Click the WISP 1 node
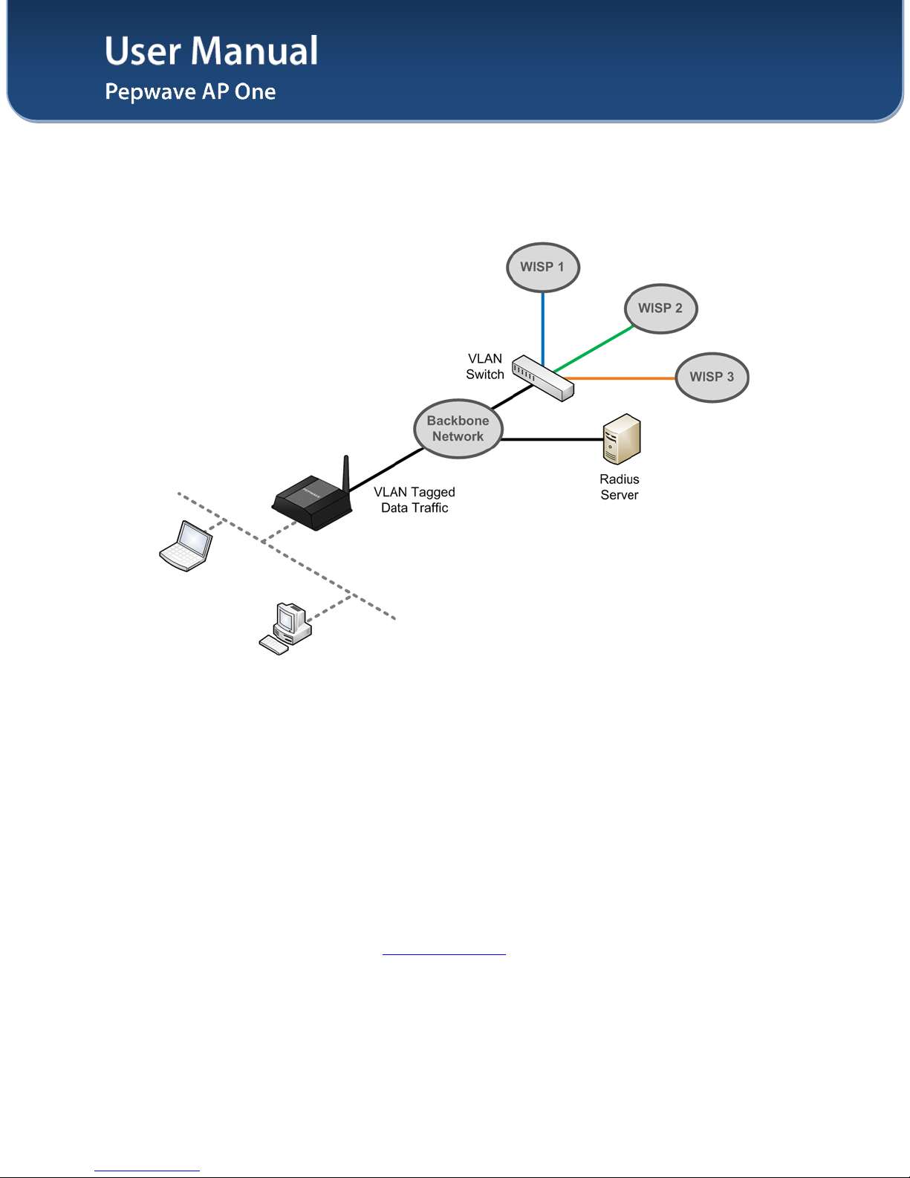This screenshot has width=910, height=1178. point(542,268)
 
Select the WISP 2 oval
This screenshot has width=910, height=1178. point(660,308)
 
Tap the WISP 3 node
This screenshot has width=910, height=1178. point(712,378)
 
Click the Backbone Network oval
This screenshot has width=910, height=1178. point(458,429)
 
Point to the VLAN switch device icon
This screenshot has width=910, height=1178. point(544,378)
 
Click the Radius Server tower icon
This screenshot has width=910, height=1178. point(621,439)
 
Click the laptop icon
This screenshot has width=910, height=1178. point(186,546)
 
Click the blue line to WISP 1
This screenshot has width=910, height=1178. point(543,327)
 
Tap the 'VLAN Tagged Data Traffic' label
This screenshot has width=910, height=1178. point(415,500)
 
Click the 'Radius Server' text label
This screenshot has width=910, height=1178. point(620,488)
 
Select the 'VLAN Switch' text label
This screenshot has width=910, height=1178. point(485,366)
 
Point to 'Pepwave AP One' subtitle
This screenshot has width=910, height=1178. point(190,91)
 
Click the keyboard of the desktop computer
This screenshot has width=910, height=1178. point(273,645)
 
